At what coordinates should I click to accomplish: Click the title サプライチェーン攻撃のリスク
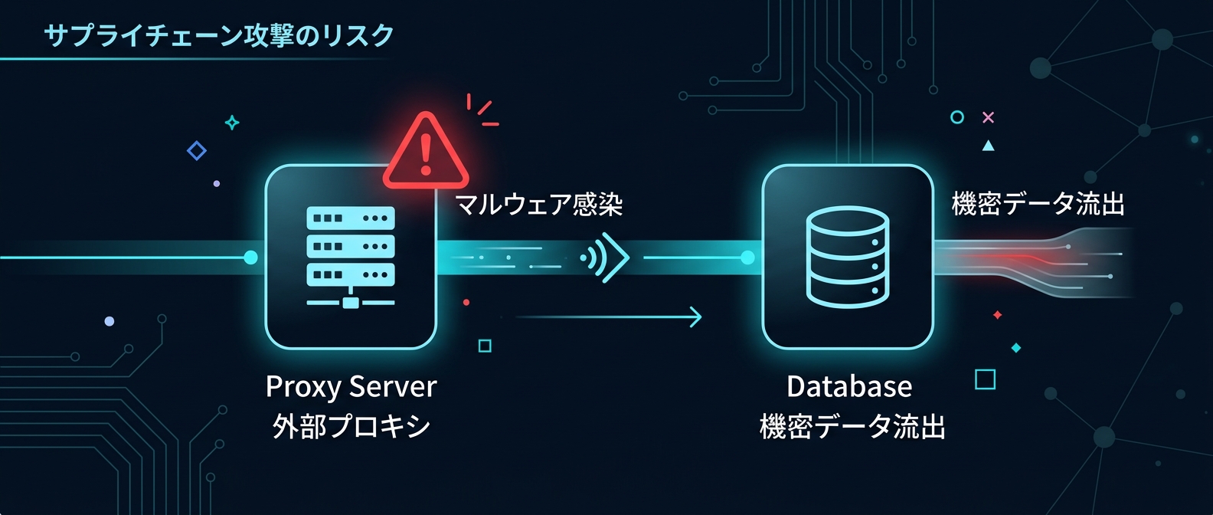tap(219, 35)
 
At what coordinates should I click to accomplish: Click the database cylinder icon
tap(848, 257)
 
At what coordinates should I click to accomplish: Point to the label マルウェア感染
tap(538, 205)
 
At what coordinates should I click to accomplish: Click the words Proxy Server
tap(351, 386)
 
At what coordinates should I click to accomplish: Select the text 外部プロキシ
tap(351, 426)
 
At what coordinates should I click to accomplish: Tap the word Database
tap(849, 386)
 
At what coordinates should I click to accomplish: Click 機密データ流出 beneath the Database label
tap(852, 426)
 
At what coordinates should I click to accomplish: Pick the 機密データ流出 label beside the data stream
tap(1038, 204)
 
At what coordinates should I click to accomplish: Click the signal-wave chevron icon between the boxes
tap(606, 258)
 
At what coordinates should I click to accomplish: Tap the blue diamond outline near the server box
tap(197, 150)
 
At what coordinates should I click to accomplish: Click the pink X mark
tap(988, 117)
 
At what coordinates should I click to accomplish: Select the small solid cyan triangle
tap(988, 146)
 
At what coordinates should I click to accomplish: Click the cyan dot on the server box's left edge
tap(250, 257)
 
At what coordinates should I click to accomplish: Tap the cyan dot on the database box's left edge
tap(748, 257)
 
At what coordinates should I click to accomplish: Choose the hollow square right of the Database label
tap(985, 379)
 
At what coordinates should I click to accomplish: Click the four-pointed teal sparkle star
tap(232, 123)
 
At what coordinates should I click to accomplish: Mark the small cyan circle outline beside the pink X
tap(956, 117)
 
